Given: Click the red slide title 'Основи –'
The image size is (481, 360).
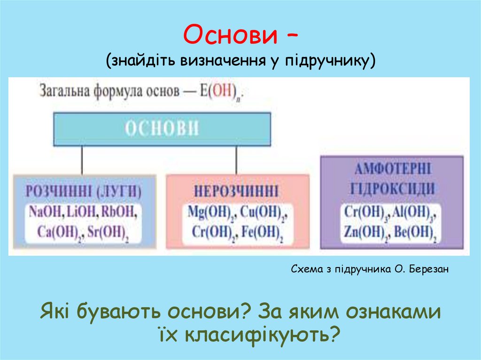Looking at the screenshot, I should pyautogui.click(x=240, y=37).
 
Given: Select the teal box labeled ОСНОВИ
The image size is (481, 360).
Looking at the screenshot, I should pyautogui.click(x=162, y=129).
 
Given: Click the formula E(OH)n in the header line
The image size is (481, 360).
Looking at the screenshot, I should pyautogui.click(x=224, y=90).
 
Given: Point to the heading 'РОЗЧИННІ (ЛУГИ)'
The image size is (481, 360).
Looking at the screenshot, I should pyautogui.click(x=84, y=191).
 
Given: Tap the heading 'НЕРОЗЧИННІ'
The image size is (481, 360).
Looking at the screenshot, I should pyautogui.click(x=237, y=191).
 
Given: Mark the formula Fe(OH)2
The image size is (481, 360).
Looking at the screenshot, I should pyautogui.click(x=262, y=232).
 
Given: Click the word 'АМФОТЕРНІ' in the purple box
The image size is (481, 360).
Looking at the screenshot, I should pyautogui.click(x=392, y=169).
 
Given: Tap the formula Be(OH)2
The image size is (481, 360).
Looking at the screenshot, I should pyautogui.click(x=415, y=232).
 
